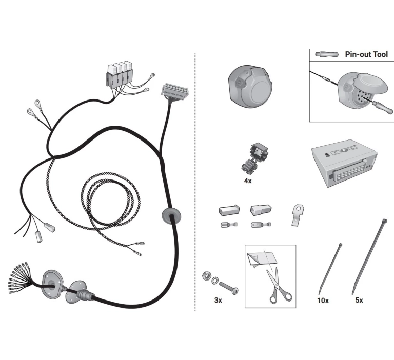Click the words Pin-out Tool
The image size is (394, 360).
366,54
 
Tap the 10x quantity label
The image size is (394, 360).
323,300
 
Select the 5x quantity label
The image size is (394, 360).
359,300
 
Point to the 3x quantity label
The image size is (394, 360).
218,300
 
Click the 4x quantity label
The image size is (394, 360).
248,181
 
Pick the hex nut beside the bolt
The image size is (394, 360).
206,276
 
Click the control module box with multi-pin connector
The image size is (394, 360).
345,163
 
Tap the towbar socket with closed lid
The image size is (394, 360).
250,87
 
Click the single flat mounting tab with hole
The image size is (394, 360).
298,215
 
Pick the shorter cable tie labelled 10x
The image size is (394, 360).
330,268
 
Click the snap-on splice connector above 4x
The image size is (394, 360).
254,158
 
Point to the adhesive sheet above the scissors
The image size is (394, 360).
262,259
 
